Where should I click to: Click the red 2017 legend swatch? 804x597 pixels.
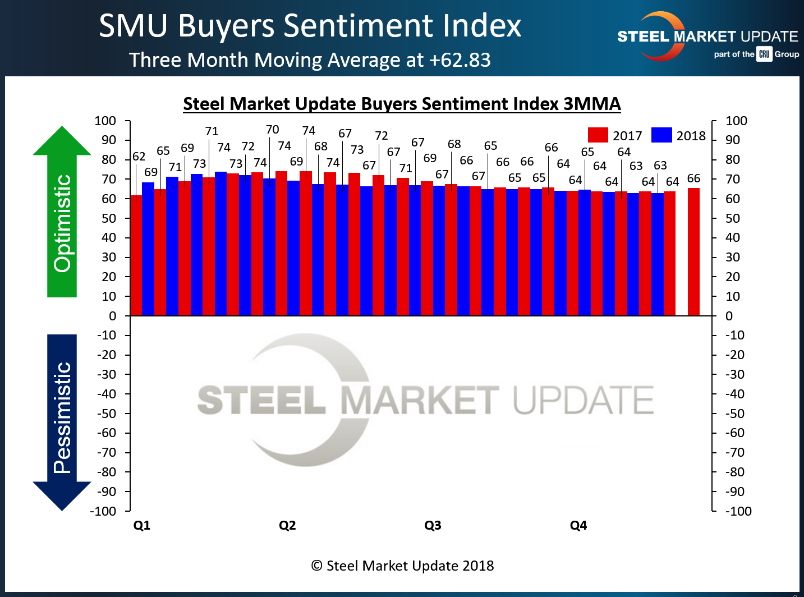pos(598,135)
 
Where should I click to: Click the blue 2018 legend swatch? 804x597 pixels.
pos(661,135)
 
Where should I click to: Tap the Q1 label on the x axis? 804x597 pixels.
pos(141,525)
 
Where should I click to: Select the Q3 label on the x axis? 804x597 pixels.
pos(433,525)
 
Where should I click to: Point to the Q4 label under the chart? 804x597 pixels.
pos(578,525)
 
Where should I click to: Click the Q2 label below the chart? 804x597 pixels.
pos(287,525)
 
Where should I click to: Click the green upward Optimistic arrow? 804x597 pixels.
pos(62,213)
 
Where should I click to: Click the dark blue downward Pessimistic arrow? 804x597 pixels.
pos(62,421)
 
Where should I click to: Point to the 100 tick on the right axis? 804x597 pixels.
pos(736,121)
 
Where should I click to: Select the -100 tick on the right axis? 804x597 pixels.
pos(738,511)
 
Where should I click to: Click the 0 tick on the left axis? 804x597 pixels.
pos(112,316)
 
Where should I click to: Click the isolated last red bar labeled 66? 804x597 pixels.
pos(693,251)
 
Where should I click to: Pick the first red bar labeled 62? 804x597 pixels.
pos(136,255)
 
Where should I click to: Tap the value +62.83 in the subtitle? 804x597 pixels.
pos(460,59)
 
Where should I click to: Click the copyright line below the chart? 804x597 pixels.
pos(402,566)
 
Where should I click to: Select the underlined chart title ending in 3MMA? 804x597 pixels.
pos(402,104)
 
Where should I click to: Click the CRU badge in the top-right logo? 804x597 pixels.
pos(764,54)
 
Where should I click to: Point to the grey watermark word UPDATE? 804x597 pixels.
pos(584,399)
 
